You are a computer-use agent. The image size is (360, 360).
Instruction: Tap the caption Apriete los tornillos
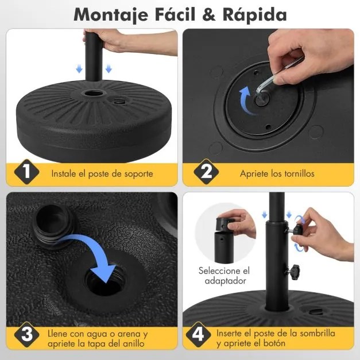click(277, 172)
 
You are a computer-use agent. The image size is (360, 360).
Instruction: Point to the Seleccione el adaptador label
click(224, 276)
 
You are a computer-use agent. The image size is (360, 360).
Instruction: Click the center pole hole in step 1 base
click(92, 93)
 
